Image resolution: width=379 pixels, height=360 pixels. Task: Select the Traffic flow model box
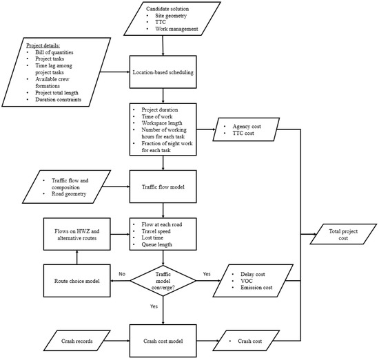point(164,185)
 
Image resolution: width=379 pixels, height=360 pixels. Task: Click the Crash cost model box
point(164,341)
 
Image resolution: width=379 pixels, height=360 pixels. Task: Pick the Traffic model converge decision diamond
point(164,282)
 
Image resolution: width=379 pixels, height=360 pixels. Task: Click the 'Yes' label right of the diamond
point(206,275)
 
